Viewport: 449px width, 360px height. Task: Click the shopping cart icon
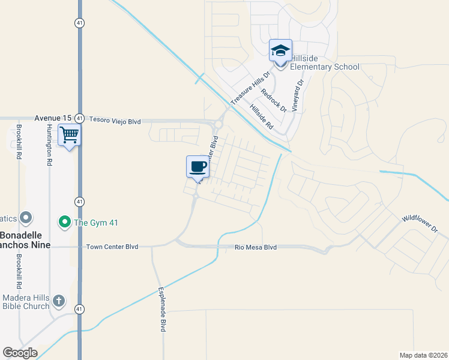tap(70, 135)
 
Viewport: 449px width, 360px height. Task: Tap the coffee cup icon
tap(197, 166)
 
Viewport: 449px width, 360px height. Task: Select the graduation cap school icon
tap(280, 50)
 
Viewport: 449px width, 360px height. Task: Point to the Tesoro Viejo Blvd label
tap(115, 121)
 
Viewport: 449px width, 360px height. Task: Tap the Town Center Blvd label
tap(112, 247)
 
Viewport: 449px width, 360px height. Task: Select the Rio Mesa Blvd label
tap(256, 247)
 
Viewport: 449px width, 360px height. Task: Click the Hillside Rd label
tap(261, 118)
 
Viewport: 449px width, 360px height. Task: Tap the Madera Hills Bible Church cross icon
tap(58, 300)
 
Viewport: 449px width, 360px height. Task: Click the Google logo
tap(20, 353)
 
